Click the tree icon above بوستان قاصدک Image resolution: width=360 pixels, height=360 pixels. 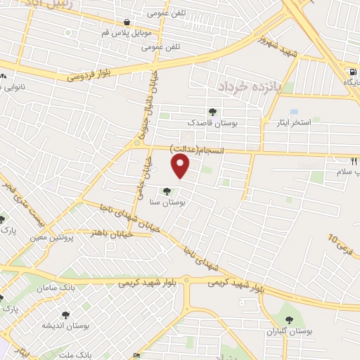[213, 111]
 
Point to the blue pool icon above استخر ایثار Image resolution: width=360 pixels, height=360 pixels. [293, 112]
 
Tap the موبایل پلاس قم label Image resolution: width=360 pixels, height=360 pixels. [127, 33]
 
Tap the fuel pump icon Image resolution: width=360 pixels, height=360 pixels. [352, 72]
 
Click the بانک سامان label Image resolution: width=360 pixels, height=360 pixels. [68, 288]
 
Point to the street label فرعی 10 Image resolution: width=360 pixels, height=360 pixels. [342, 244]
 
